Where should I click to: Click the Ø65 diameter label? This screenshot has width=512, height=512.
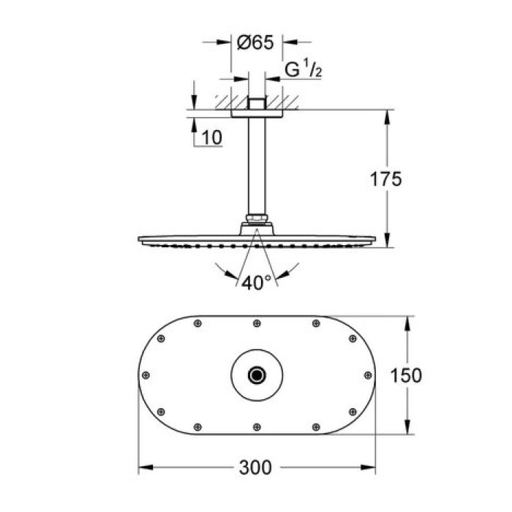point(255,42)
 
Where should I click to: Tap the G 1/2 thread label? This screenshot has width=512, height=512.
point(301,72)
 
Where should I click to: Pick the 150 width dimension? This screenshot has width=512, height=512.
point(407,375)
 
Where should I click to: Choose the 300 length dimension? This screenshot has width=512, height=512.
point(255,466)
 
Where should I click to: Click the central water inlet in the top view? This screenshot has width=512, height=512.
point(255,375)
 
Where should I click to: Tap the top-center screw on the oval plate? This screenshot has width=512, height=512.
point(255,323)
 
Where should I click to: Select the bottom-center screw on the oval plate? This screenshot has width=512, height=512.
point(255,427)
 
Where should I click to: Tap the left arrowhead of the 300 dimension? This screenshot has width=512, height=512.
point(143,466)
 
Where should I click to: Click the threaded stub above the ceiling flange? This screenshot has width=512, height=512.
point(255,102)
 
